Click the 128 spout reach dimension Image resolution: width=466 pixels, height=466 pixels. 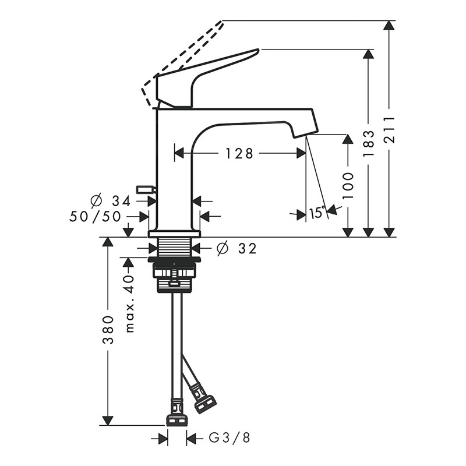point(239,154)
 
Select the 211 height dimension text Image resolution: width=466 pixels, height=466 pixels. point(389,130)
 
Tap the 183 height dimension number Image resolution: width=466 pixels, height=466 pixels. point(369,144)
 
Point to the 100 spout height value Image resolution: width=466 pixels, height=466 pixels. point(348,185)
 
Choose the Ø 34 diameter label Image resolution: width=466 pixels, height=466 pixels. point(110,200)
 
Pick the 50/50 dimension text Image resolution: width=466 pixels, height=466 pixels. point(95,216)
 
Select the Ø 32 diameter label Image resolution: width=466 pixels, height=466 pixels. point(236,248)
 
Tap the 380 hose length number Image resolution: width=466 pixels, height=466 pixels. point(108,330)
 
